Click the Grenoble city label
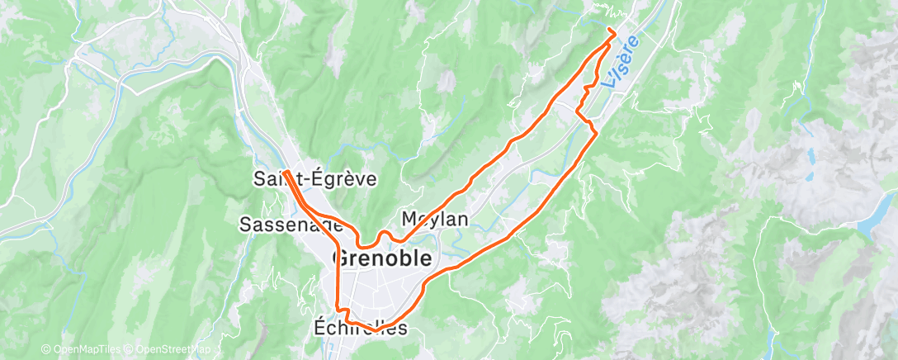pos(381,258)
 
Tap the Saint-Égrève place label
pos(314,178)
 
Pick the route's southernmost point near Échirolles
pos(376,329)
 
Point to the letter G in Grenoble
pos(339,258)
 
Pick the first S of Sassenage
pos(245,224)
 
